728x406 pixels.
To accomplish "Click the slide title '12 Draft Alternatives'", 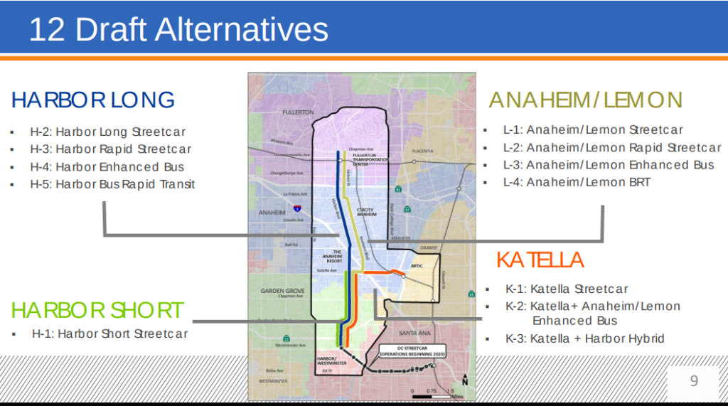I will (178, 30).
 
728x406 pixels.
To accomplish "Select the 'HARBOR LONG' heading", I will (93, 100).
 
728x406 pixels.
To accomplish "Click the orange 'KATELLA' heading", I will (540, 260).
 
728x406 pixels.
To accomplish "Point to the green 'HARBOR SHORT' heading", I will (97, 310).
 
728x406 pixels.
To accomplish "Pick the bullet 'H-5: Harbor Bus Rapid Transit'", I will (112, 185).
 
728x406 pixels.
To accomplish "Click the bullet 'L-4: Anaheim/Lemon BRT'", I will (577, 183).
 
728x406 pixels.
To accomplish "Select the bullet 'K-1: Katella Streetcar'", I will (567, 289).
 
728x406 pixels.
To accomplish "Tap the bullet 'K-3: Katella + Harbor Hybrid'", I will (584, 338).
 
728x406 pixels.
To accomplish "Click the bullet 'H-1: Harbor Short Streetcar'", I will (109, 333).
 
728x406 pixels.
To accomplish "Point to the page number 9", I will (694, 381).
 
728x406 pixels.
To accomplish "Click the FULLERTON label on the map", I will (297, 112).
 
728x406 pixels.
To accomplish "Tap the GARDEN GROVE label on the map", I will (282, 291).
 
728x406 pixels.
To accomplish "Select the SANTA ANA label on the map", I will (415, 333).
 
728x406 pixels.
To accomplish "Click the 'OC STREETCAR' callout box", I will (412, 351).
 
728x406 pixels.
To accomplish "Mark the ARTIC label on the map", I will (417, 266).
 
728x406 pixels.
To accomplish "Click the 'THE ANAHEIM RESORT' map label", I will (333, 257).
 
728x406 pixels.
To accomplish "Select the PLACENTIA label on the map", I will (422, 151).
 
